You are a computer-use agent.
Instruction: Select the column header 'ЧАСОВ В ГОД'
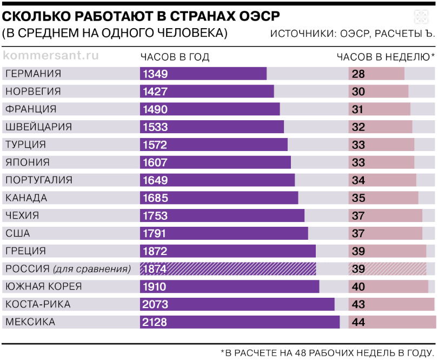tap(175, 57)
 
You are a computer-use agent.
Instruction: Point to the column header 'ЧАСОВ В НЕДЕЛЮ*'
tap(386, 57)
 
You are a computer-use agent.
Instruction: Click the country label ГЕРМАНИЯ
tap(34, 74)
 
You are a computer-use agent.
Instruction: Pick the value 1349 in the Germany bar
tap(155, 74)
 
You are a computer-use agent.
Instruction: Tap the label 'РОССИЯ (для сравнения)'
tap(68, 269)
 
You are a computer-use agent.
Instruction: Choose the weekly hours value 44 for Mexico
tap(359, 323)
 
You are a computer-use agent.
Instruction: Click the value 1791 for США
tap(155, 234)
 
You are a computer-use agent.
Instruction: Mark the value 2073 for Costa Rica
tap(155, 305)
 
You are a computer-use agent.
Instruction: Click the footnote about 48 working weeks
tap(327, 353)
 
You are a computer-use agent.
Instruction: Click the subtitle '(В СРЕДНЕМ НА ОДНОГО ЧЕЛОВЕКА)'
tap(115, 33)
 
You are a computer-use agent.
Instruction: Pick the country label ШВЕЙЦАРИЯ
tap(38, 127)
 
